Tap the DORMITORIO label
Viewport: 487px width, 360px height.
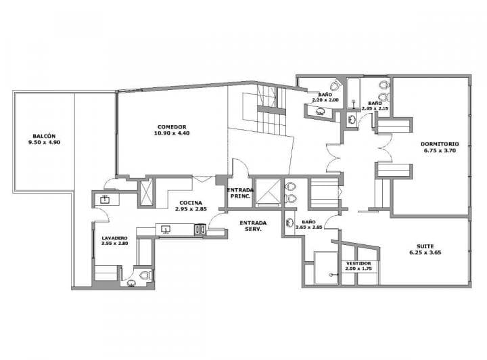[x=440, y=143]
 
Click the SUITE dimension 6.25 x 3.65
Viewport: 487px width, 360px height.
[x=425, y=252]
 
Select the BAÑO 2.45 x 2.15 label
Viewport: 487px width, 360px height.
[x=375, y=104]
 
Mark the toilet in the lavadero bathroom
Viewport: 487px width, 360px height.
[x=143, y=275]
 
